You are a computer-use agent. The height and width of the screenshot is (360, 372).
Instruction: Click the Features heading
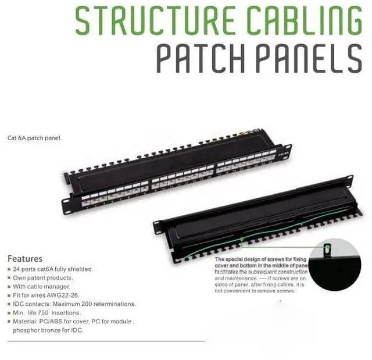(24, 259)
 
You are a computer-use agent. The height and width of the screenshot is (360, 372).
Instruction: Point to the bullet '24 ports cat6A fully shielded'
(53, 269)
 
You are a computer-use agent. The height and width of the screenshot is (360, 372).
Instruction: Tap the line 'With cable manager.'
(42, 287)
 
